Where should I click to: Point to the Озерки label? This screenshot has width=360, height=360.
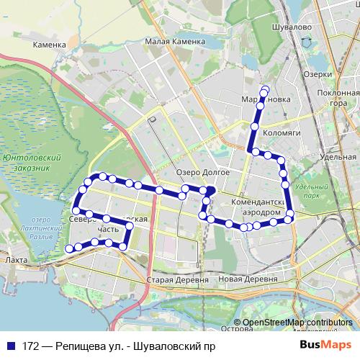tap(318, 74)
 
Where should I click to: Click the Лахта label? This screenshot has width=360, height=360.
tap(15, 260)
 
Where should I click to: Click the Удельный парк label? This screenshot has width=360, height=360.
tap(312, 191)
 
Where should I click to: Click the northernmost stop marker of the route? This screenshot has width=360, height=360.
tap(265, 90)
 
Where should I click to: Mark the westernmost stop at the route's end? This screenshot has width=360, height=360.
tap(69, 249)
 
